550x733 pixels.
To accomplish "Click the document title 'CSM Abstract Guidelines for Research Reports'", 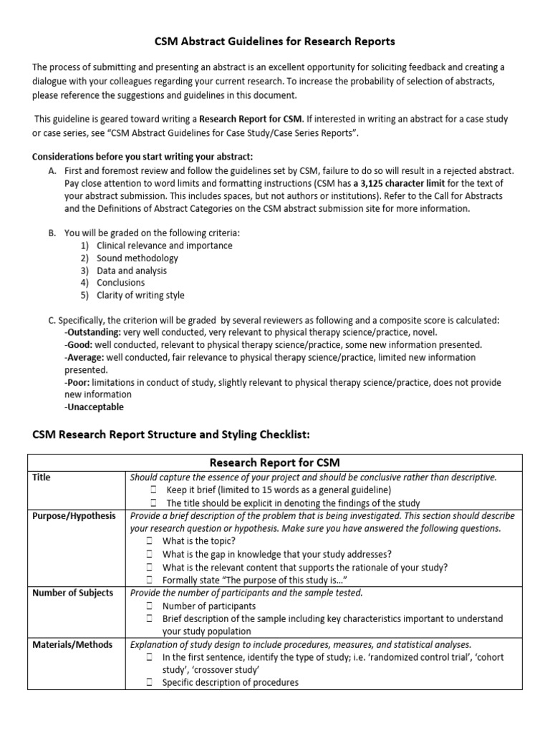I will pyautogui.click(x=275, y=42).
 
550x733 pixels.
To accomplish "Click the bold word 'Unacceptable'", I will pyautogui.click(x=94, y=407).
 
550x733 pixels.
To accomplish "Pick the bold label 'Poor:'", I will pyautogui.click(x=79, y=382).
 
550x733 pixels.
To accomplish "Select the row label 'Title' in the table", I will pyautogui.click(x=42, y=477).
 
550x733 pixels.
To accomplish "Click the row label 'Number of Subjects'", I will pyautogui.click(x=73, y=593).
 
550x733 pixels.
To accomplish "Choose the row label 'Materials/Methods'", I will pyautogui.click(x=73, y=644).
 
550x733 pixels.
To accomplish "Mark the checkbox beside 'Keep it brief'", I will pyautogui.click(x=154, y=490).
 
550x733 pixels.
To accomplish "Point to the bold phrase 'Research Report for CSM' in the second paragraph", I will pyautogui.click(x=252, y=119).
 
